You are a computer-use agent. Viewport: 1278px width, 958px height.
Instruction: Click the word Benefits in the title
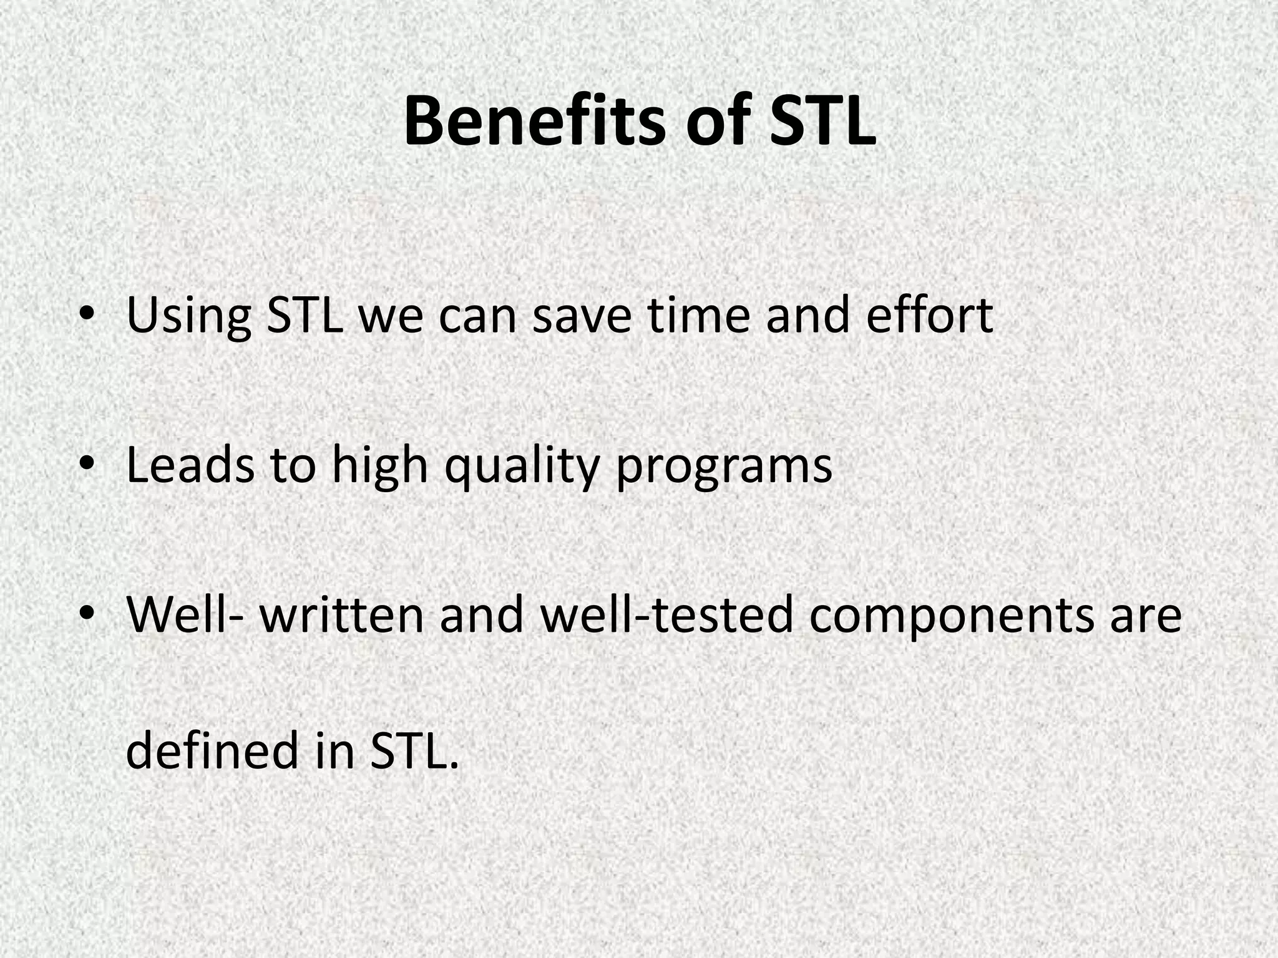coord(534,121)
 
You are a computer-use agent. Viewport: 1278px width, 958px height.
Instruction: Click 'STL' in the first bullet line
coord(305,316)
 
